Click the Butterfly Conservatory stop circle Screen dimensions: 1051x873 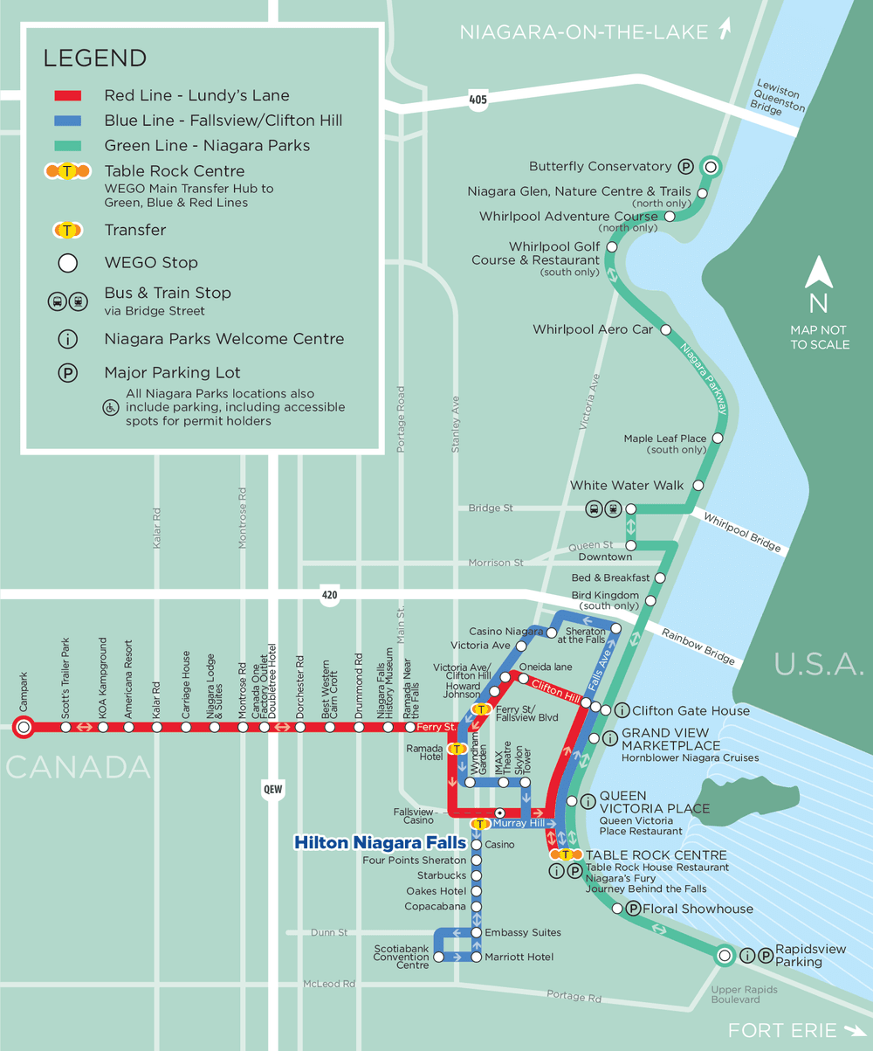pos(711,167)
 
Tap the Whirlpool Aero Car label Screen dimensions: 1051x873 pos(593,329)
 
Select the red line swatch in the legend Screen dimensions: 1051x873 pos(68,96)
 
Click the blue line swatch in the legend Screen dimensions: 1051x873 pos(68,121)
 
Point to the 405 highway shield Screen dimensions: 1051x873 pos(477,100)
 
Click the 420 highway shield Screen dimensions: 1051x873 pos(328,595)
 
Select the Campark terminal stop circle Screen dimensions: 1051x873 pos(24,726)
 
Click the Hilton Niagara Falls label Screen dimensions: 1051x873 pos(380,843)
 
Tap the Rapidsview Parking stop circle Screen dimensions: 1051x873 pos(724,956)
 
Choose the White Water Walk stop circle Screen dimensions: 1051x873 pos(698,486)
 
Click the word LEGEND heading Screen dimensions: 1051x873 pos(95,59)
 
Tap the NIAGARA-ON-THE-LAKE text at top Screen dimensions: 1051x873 pos(583,33)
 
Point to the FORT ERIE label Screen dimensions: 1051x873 pos(783,1030)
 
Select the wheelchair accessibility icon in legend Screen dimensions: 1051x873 pos(111,408)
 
